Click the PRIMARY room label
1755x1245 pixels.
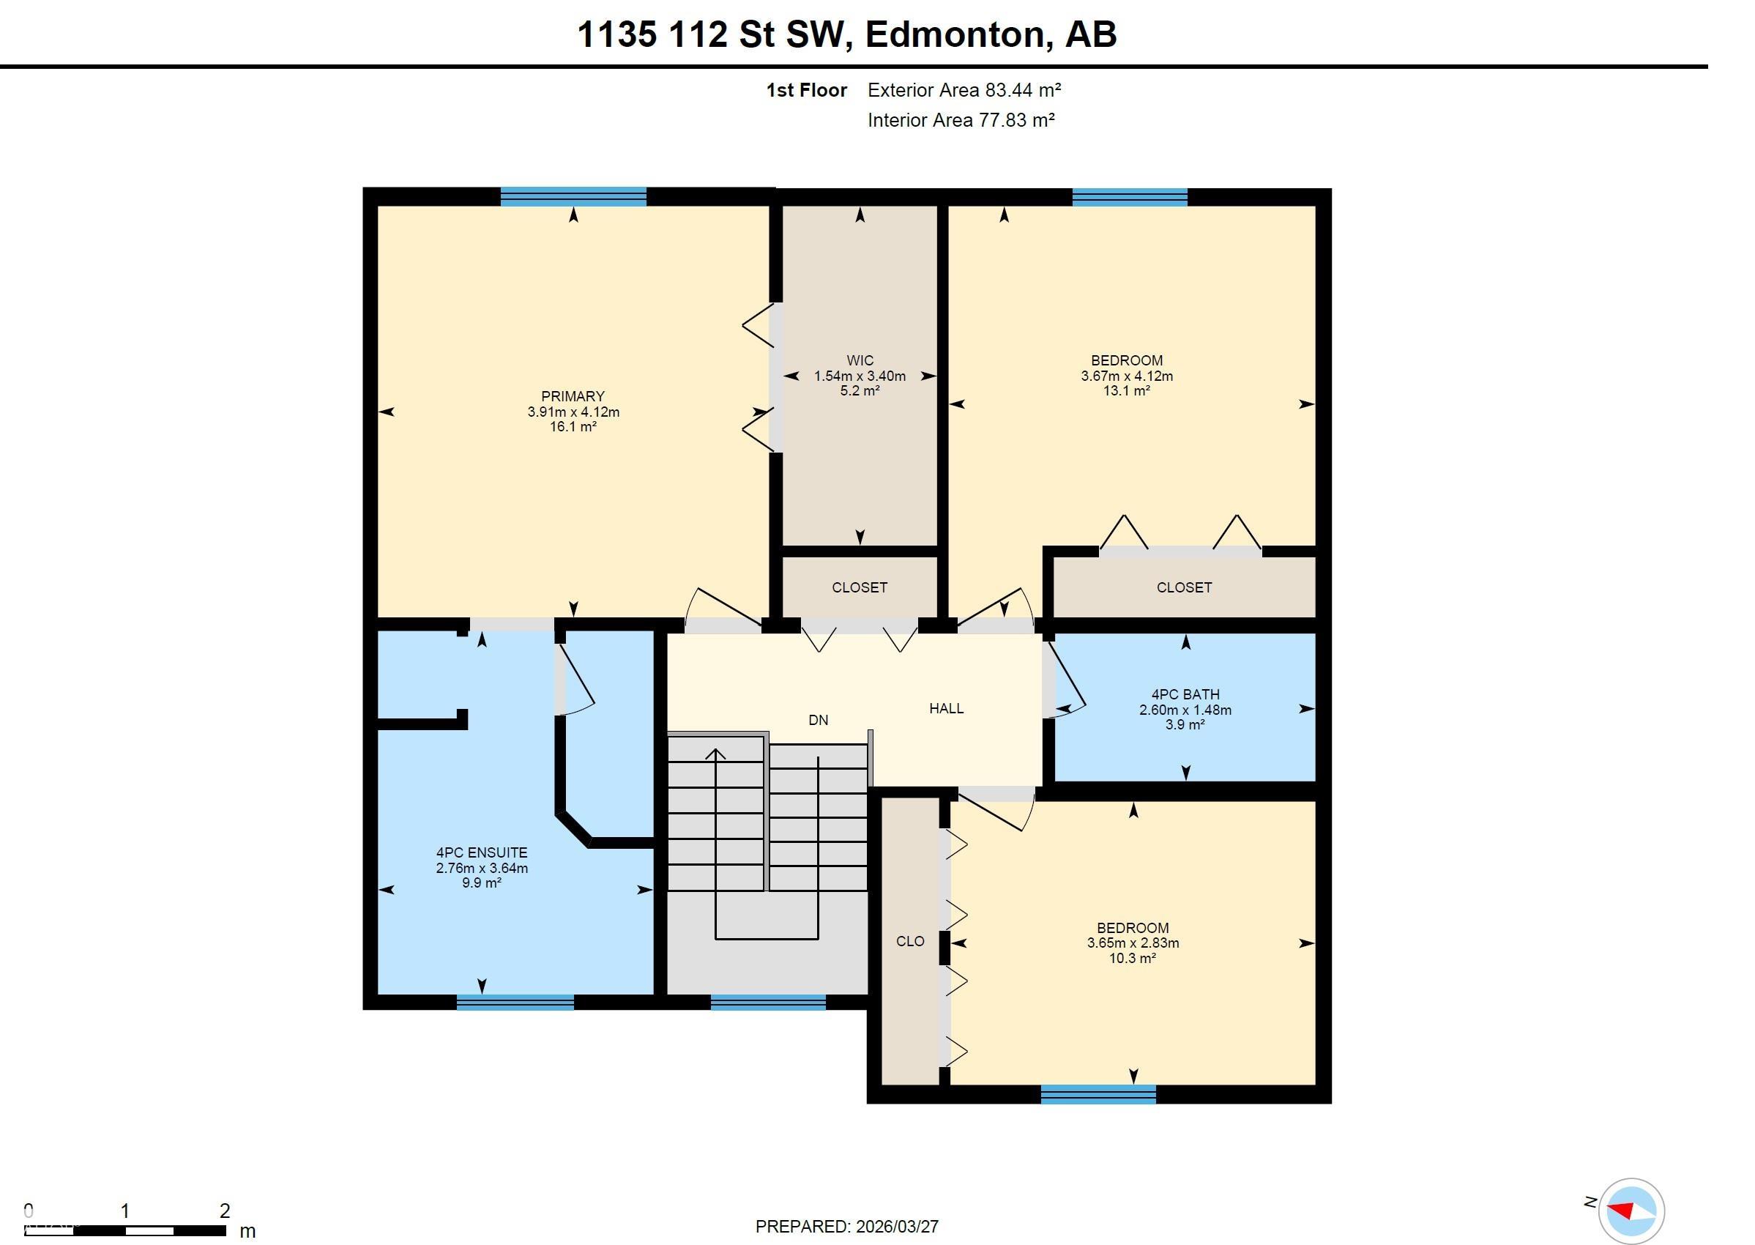coord(573,396)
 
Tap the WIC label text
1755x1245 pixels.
coord(859,360)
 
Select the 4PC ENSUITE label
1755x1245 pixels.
coord(481,852)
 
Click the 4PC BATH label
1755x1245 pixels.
coord(1185,694)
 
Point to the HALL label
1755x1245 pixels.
coord(946,708)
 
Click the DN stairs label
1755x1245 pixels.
coord(818,720)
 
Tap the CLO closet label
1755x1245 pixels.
coord(909,941)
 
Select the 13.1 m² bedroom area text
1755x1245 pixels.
coord(1126,391)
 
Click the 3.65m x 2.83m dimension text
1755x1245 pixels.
coord(1132,943)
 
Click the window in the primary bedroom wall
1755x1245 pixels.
coord(573,197)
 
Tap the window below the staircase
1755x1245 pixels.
coord(768,1001)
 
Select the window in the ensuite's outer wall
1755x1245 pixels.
coord(515,1001)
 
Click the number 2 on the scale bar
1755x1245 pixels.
coord(225,1211)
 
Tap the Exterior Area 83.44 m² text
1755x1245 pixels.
coord(964,91)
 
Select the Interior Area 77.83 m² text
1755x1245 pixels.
coord(961,120)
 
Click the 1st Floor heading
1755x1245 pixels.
coord(806,91)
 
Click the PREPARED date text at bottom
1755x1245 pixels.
coord(846,1227)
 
